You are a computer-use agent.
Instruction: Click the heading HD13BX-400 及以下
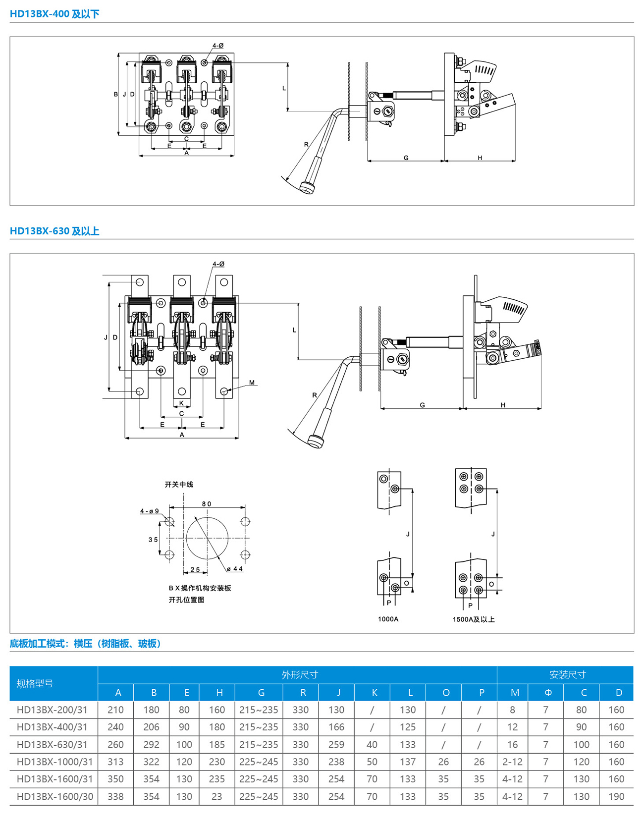pyautogui.click(x=54, y=14)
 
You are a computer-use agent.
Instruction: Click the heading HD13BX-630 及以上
pyautogui.click(x=54, y=231)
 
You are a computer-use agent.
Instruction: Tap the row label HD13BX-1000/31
pyautogui.click(x=54, y=762)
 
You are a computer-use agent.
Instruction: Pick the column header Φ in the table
pyautogui.click(x=548, y=692)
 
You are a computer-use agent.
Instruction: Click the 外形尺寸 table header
pyautogui.click(x=299, y=674)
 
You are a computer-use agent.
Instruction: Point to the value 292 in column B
pyautogui.click(x=151, y=744)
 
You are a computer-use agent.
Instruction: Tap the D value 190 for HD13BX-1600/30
pyautogui.click(x=616, y=796)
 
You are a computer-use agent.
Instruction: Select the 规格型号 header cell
pyautogui.click(x=35, y=683)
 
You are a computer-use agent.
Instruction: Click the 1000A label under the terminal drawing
pyautogui.click(x=388, y=619)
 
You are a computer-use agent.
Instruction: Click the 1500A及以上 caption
pyautogui.click(x=474, y=619)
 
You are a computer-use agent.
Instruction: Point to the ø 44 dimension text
pyautogui.click(x=235, y=568)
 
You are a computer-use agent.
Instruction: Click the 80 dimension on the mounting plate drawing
pyautogui.click(x=206, y=503)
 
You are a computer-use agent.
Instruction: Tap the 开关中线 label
pyautogui.click(x=179, y=484)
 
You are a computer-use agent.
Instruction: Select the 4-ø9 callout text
pyautogui.click(x=149, y=511)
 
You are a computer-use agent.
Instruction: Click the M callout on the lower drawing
pyautogui.click(x=252, y=383)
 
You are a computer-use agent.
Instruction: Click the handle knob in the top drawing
pyautogui.click(x=307, y=188)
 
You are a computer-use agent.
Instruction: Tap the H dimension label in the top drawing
pyautogui.click(x=480, y=158)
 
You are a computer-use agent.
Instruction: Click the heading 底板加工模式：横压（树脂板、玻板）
pyautogui.click(x=86, y=643)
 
